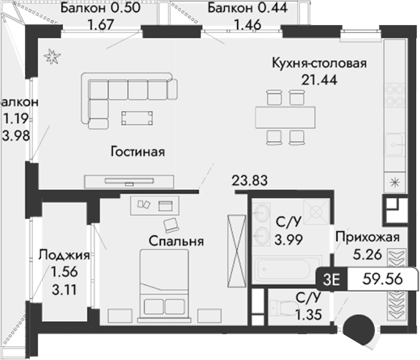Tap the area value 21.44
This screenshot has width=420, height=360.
point(319,80)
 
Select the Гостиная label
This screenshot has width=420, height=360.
point(137,151)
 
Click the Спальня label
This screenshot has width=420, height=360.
point(175,240)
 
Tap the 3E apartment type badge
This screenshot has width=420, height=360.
point(331,279)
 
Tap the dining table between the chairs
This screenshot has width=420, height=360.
point(285,116)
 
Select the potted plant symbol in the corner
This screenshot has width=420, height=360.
point(53,55)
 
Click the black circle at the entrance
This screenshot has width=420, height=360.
point(357,330)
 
